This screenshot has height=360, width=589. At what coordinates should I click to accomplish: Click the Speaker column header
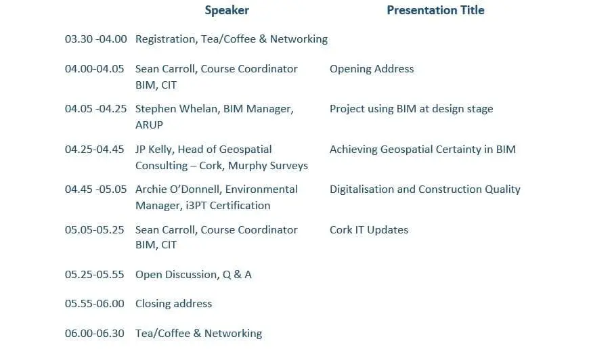click(227, 10)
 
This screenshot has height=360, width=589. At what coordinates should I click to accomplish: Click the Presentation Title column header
click(435, 10)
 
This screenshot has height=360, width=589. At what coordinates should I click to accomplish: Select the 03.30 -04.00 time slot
click(95, 39)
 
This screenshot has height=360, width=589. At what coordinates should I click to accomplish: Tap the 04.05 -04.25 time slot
click(95, 109)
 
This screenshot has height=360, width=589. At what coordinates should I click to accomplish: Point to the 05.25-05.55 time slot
click(94, 275)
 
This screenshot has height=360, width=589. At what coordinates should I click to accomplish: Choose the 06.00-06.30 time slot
click(94, 334)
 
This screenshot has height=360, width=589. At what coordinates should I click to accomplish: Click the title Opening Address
click(372, 69)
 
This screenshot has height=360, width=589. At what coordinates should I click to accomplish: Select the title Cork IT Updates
click(369, 230)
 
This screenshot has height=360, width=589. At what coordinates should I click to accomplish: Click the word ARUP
click(149, 125)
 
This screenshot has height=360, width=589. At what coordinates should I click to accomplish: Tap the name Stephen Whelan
click(177, 109)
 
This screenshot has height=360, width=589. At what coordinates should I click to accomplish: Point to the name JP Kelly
click(154, 150)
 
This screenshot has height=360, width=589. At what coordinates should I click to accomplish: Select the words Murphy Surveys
click(268, 166)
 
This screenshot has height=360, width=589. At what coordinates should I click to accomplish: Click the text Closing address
click(173, 304)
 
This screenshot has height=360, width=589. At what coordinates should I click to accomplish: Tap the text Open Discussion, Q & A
click(194, 275)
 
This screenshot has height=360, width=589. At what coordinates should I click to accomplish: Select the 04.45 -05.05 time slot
click(95, 189)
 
